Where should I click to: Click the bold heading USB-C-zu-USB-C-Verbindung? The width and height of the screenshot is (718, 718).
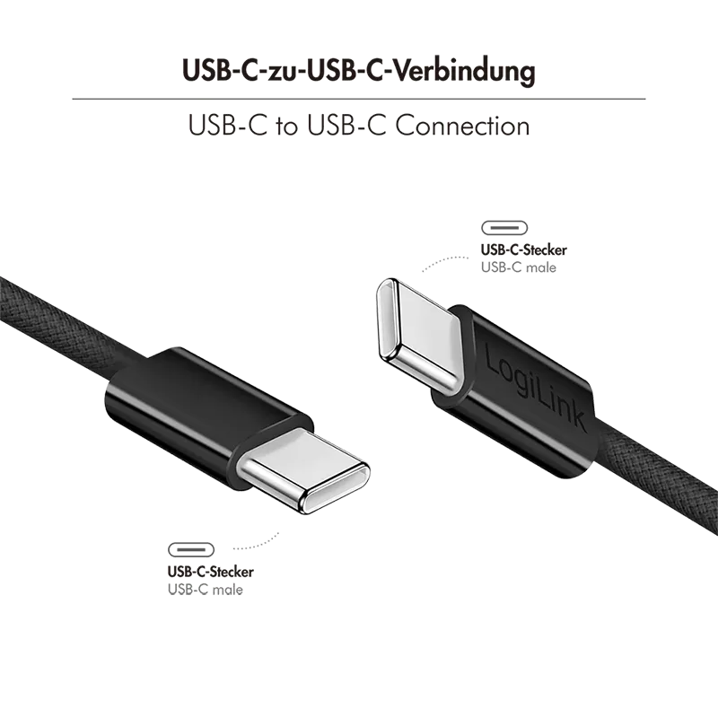pyautogui.click(x=358, y=71)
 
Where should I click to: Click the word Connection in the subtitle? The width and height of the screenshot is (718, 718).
pyautogui.click(x=462, y=126)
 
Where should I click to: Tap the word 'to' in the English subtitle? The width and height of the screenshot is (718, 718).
pyautogui.click(x=287, y=127)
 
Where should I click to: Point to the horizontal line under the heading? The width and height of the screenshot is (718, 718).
pyautogui.click(x=358, y=99)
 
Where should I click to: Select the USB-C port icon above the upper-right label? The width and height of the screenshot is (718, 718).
pyautogui.click(x=504, y=228)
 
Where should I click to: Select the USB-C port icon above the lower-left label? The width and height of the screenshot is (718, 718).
pyautogui.click(x=191, y=549)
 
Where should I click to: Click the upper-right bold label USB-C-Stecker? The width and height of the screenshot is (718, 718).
pyautogui.click(x=524, y=250)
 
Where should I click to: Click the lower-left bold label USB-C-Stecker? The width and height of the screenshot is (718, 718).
pyautogui.click(x=211, y=572)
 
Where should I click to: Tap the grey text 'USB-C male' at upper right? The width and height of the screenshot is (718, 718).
pyautogui.click(x=519, y=267)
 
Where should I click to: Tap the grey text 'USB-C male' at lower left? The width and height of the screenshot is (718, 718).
pyautogui.click(x=206, y=590)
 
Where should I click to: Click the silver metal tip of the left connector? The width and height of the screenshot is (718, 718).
pyautogui.click(x=303, y=470)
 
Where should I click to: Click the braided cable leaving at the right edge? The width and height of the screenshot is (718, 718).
pyautogui.click(x=660, y=477)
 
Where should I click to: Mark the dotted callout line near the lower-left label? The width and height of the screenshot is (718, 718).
pyautogui.click(x=258, y=543)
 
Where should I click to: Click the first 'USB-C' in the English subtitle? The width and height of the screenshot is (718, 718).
pyautogui.click(x=228, y=126)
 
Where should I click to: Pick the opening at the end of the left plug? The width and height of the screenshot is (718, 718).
pyautogui.click(x=337, y=489)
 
